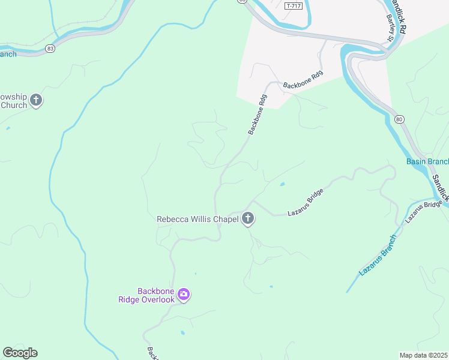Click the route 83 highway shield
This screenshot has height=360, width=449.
click(50, 48)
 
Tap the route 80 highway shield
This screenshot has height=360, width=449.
click(399, 119)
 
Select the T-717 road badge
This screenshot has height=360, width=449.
click(292, 5)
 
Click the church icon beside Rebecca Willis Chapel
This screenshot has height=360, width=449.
click(248, 219)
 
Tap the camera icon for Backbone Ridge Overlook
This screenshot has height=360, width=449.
click(184, 295)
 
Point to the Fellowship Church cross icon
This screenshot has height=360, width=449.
click(36, 100)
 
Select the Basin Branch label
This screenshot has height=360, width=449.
click(427, 161)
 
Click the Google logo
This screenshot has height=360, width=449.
click(20, 353)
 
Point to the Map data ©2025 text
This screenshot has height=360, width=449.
click(424, 355)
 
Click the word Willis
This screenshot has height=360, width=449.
click(203, 219)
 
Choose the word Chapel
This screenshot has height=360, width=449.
click(228, 219)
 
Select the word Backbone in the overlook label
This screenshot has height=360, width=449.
click(155, 291)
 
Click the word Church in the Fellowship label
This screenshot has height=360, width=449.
click(14, 105)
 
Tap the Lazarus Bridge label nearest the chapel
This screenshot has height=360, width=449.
click(306, 202)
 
